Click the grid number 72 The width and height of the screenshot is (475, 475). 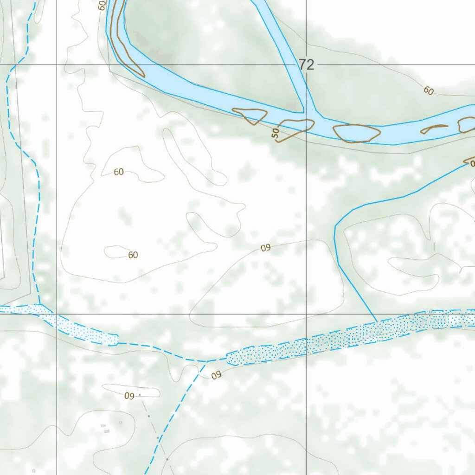pos(306,65)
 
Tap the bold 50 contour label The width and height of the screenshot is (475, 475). pos(276,134)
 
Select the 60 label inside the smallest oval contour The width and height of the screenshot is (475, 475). pos(133,255)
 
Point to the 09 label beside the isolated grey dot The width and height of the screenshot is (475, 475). pos(129,396)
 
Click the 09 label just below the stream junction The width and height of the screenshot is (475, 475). pos(216,375)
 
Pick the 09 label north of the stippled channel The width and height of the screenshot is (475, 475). pos(265,248)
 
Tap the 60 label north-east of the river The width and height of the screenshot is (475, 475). pos(428,91)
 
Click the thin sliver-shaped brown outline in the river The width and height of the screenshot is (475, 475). pos(434,128)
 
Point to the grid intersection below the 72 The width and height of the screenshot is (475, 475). pos(306,314)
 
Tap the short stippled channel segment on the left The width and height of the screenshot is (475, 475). pos(79,327)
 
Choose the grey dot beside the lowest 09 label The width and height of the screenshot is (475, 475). pos(140,395)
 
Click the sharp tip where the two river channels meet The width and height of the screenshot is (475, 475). pos(303,111)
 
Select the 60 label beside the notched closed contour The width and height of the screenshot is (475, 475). pos(119,172)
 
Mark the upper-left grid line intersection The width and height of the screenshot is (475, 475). pos(57,64)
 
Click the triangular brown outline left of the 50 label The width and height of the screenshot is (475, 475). pos(250,116)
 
